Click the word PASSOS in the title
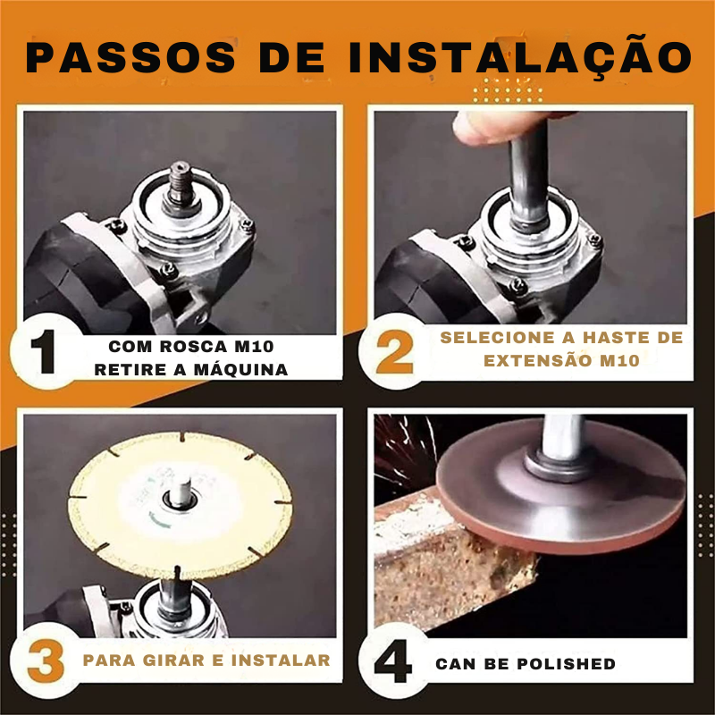pyautogui.click(x=130, y=57)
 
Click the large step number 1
pyautogui.click(x=44, y=351)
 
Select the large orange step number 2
pyautogui.click(x=394, y=352)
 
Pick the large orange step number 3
pyautogui.click(x=46, y=660)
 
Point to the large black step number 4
pyautogui.click(x=393, y=661)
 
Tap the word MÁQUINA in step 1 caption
pyautogui.click(x=241, y=369)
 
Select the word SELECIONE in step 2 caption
pyautogui.click(x=497, y=338)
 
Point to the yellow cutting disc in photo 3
pyautogui.click(x=180, y=505)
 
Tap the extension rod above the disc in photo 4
pyautogui.click(x=563, y=437)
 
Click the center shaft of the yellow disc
pyautogui.click(x=181, y=493)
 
